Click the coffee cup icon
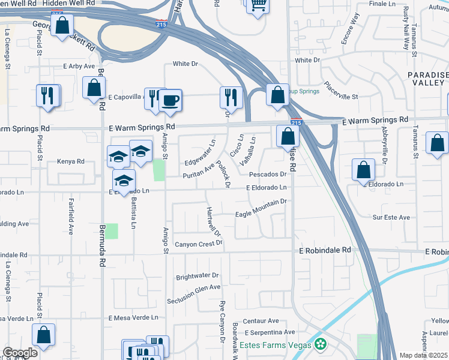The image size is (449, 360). (x=170, y=99)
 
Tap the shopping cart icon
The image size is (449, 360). (x=258, y=6)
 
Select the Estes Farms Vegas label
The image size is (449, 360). (x=276, y=345)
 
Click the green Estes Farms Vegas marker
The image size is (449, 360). (x=321, y=344)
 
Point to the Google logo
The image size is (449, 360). (x=20, y=353)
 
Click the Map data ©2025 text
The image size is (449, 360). (x=424, y=355)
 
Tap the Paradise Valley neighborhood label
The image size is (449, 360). (x=428, y=78)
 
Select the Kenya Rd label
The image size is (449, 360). (x=70, y=161)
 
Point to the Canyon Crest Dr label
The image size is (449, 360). (x=199, y=244)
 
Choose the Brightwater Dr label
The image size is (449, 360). (x=198, y=277)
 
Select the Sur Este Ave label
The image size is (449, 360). (x=391, y=217)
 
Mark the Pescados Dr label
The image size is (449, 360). (x=268, y=174)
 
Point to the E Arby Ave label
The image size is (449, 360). (x=79, y=66)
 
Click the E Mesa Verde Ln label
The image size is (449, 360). (x=133, y=317)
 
